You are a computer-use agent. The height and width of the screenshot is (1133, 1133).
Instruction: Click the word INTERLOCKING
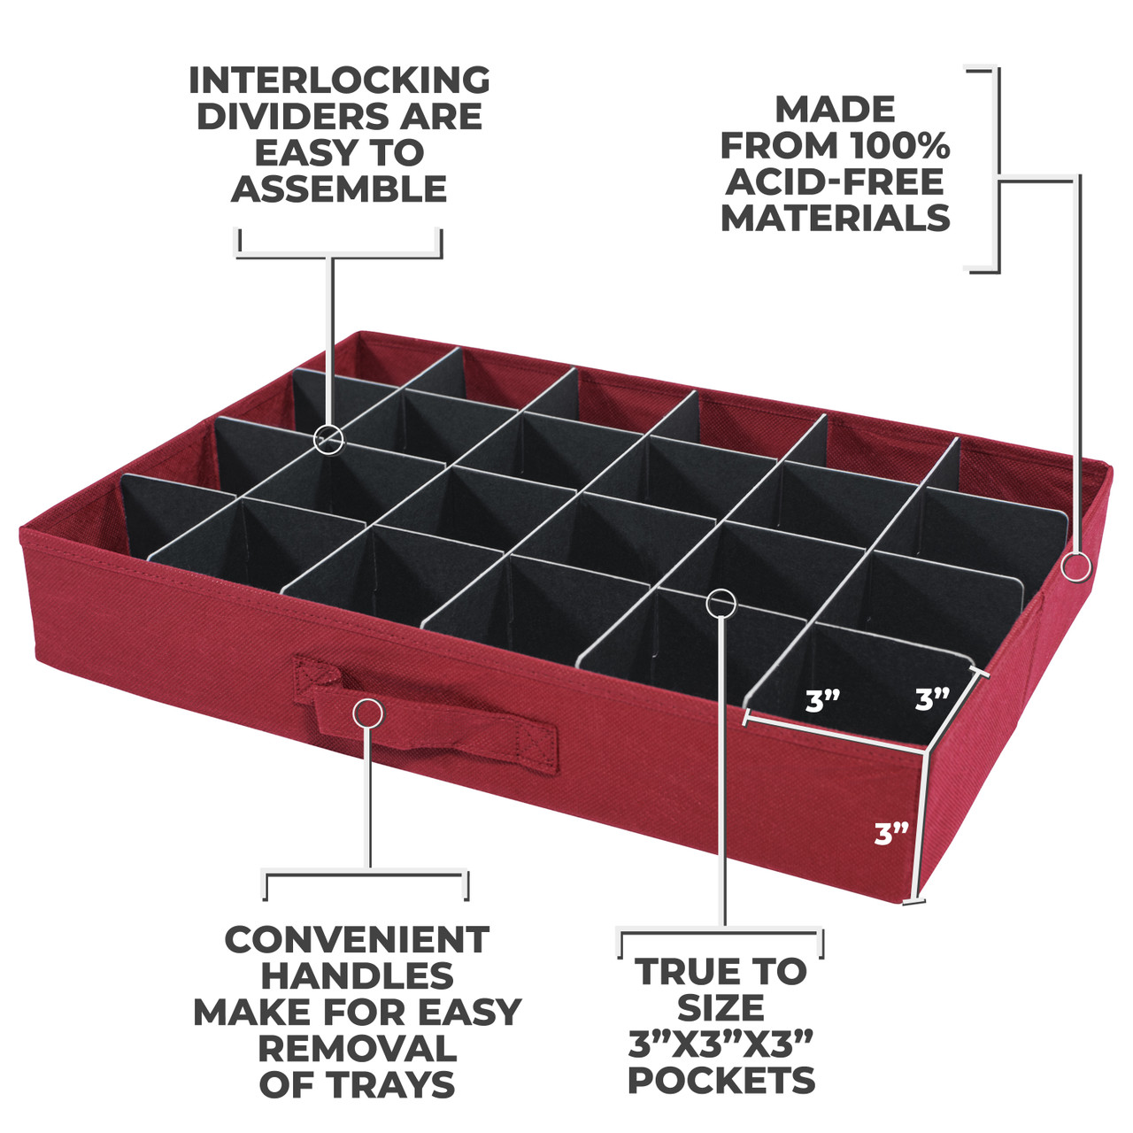point(339,80)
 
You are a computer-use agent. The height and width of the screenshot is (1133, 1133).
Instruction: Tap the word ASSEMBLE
point(339,189)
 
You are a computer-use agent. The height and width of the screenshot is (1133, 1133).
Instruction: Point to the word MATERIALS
point(835,218)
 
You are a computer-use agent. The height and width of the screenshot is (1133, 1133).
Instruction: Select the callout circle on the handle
point(368,714)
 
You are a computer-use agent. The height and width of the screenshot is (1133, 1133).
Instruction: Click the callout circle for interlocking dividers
point(328,439)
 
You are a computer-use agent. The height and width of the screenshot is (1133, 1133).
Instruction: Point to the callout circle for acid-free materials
point(1076,567)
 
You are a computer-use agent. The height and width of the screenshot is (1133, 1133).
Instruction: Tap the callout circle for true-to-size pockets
point(721,602)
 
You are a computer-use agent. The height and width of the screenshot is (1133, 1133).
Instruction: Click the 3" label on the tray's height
point(891,834)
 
